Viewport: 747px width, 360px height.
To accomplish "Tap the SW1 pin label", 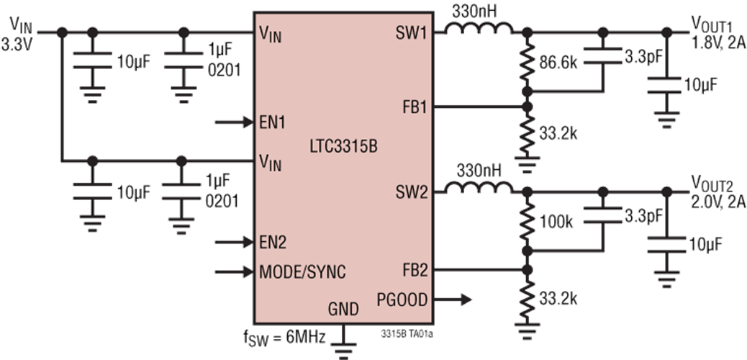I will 411,33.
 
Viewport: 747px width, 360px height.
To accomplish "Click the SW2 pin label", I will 411,192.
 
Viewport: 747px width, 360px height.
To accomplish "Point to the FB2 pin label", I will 413,270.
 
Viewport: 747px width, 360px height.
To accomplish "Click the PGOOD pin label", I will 402,299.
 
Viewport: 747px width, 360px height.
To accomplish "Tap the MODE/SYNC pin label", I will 302,272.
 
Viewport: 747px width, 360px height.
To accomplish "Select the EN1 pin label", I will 273,122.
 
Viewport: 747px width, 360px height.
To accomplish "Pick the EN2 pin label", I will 273,242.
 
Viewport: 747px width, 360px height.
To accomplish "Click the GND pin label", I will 343,310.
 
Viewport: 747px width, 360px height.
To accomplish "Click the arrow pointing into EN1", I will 233,122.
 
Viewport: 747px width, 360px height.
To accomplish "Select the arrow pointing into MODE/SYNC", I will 233,272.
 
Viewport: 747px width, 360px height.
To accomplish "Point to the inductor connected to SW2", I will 477,189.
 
